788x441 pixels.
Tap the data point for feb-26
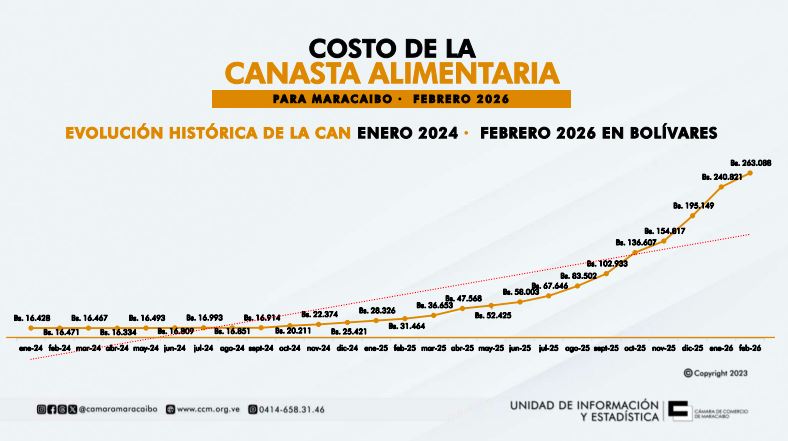point(750,173)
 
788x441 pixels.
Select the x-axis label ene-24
point(30,348)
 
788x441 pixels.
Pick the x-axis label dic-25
point(692,348)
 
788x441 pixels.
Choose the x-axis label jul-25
point(548,348)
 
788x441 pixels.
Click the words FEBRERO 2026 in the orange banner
point(460,99)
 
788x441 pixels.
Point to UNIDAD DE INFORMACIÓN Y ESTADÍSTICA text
point(584,409)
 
